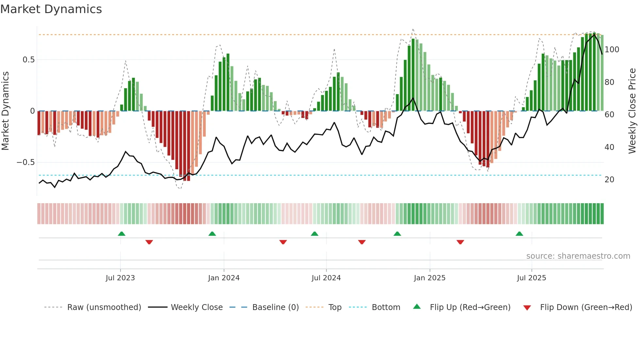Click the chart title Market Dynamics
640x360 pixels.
[51, 9]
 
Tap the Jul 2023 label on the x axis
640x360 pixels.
[120, 278]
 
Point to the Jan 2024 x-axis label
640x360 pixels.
[224, 278]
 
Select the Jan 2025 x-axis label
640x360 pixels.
[429, 278]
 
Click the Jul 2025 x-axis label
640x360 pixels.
[531, 278]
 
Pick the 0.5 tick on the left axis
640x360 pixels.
[28, 60]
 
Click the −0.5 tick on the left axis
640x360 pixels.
[26, 162]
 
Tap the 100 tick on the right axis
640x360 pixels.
[612, 50]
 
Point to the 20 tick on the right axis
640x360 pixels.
[609, 180]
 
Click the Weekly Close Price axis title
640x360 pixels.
[632, 111]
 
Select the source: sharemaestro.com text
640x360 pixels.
[578, 256]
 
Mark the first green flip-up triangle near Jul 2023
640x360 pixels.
[121, 234]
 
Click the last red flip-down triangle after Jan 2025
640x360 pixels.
[460, 242]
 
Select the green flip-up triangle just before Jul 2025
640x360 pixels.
[519, 234]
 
